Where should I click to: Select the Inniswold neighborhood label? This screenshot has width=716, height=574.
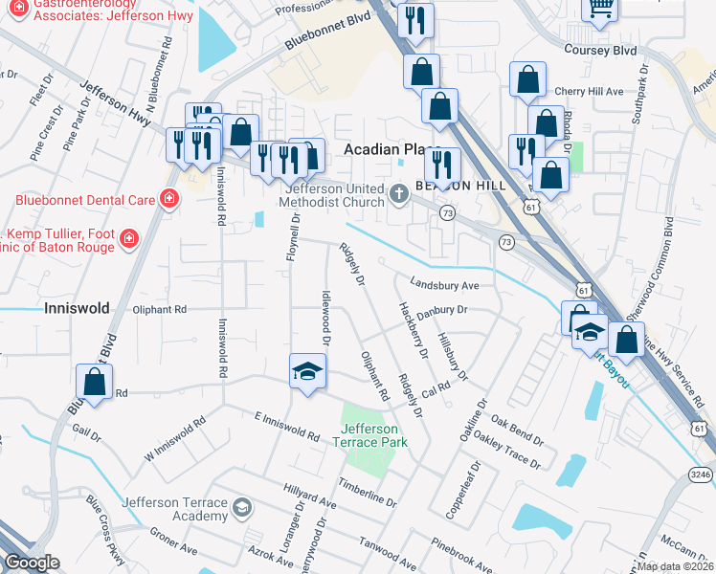[78, 308]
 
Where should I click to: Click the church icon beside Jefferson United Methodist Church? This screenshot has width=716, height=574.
[399, 195]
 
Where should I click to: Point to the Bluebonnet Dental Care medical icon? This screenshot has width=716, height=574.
[168, 200]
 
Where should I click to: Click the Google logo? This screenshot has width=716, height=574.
[33, 563]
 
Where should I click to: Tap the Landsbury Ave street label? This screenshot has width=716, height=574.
[443, 284]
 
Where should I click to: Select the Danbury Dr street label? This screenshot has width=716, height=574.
[441, 310]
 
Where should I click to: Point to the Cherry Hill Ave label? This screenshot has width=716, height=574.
[589, 92]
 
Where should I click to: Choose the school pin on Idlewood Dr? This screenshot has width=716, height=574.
[308, 371]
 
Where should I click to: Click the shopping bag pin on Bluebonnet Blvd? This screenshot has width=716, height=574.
[95, 382]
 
